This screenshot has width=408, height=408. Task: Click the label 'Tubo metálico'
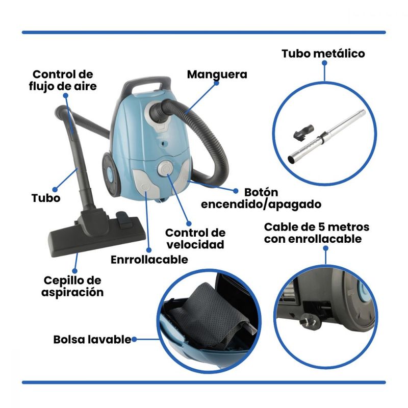click(323, 54)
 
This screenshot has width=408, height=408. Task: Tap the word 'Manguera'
click(217, 74)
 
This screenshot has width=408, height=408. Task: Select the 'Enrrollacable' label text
click(149, 260)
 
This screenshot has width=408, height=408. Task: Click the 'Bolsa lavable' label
click(92, 340)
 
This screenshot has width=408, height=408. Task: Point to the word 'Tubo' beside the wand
click(46, 198)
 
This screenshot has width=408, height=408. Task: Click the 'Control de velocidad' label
click(195, 239)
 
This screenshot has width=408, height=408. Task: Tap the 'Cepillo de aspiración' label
click(72, 287)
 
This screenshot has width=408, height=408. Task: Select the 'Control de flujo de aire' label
click(63, 81)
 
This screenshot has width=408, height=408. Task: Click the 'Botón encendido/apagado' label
click(261, 198)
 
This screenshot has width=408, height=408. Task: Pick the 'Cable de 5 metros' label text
click(316, 227)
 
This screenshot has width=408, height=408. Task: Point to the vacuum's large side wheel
click(109, 174)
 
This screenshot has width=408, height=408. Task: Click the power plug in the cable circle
click(310, 322)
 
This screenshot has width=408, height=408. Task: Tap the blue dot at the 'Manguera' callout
click(216, 83)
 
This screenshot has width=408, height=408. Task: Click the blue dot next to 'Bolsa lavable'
click(134, 339)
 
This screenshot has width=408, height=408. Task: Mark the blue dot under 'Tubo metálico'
click(324, 63)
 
